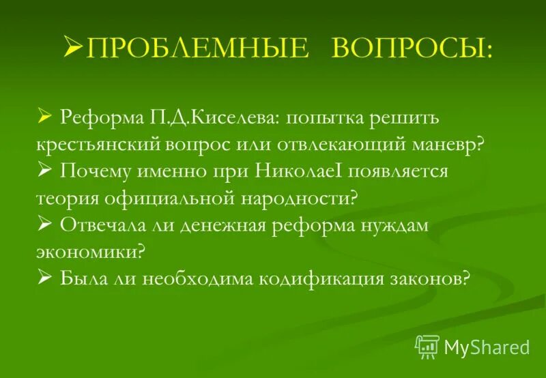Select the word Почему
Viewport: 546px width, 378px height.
tap(101, 171)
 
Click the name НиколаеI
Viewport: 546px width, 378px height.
tap(300, 171)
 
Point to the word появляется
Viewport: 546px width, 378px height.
tap(398, 171)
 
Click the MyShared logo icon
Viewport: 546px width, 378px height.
tap(427, 347)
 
